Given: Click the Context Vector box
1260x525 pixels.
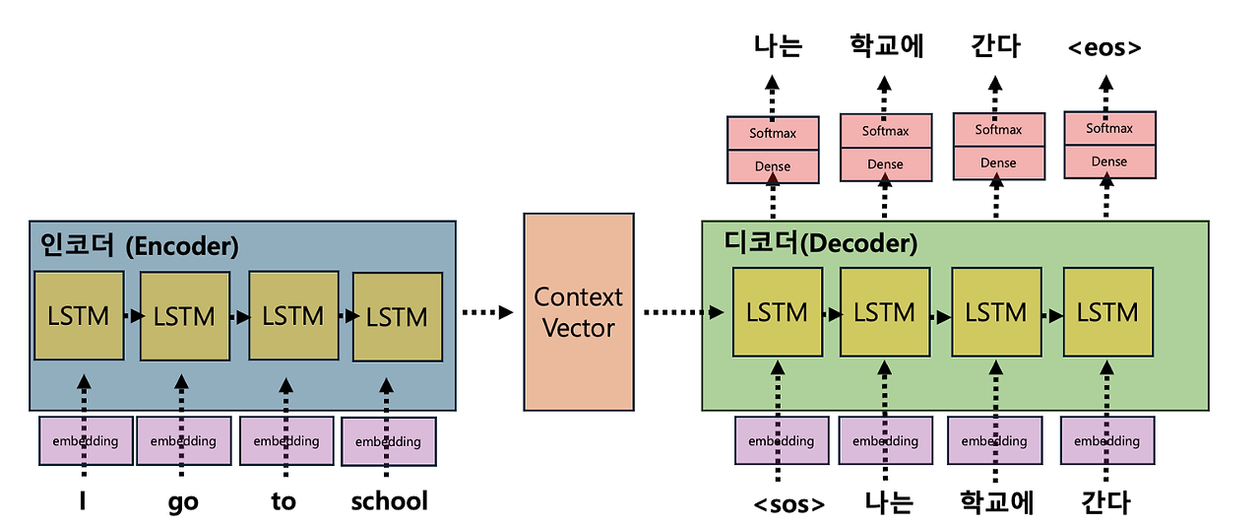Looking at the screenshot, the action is click(579, 312).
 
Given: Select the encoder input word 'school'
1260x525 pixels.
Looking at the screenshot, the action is click(389, 500).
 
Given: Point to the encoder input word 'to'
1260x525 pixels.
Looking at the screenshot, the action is click(283, 500).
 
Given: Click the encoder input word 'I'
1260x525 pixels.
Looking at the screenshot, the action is click(83, 500).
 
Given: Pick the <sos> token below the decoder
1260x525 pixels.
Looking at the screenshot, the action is click(789, 504).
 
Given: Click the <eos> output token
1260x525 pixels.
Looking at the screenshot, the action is click(1104, 48).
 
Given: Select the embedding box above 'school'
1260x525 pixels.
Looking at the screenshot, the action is click(389, 441).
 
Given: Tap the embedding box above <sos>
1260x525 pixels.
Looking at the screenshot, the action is click(782, 440).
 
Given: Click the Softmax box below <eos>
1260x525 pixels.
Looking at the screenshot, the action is click(1109, 128).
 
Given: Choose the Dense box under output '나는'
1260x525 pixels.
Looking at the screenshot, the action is click(773, 166).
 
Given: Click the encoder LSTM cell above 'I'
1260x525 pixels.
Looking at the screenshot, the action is click(79, 315).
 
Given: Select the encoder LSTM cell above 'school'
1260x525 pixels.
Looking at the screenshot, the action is click(398, 317).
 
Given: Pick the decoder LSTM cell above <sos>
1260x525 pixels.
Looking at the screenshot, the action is click(778, 312).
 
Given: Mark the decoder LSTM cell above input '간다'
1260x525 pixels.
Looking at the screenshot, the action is click(1108, 312).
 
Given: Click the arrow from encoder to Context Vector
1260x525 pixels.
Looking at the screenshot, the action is click(487, 312).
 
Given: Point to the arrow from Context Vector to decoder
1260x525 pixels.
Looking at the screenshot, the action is click(683, 312).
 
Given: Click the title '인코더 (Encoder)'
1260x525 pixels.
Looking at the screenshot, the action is click(140, 245).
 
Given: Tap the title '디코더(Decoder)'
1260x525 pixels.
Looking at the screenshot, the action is click(821, 242).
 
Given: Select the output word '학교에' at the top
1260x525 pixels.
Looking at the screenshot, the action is click(887, 45).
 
